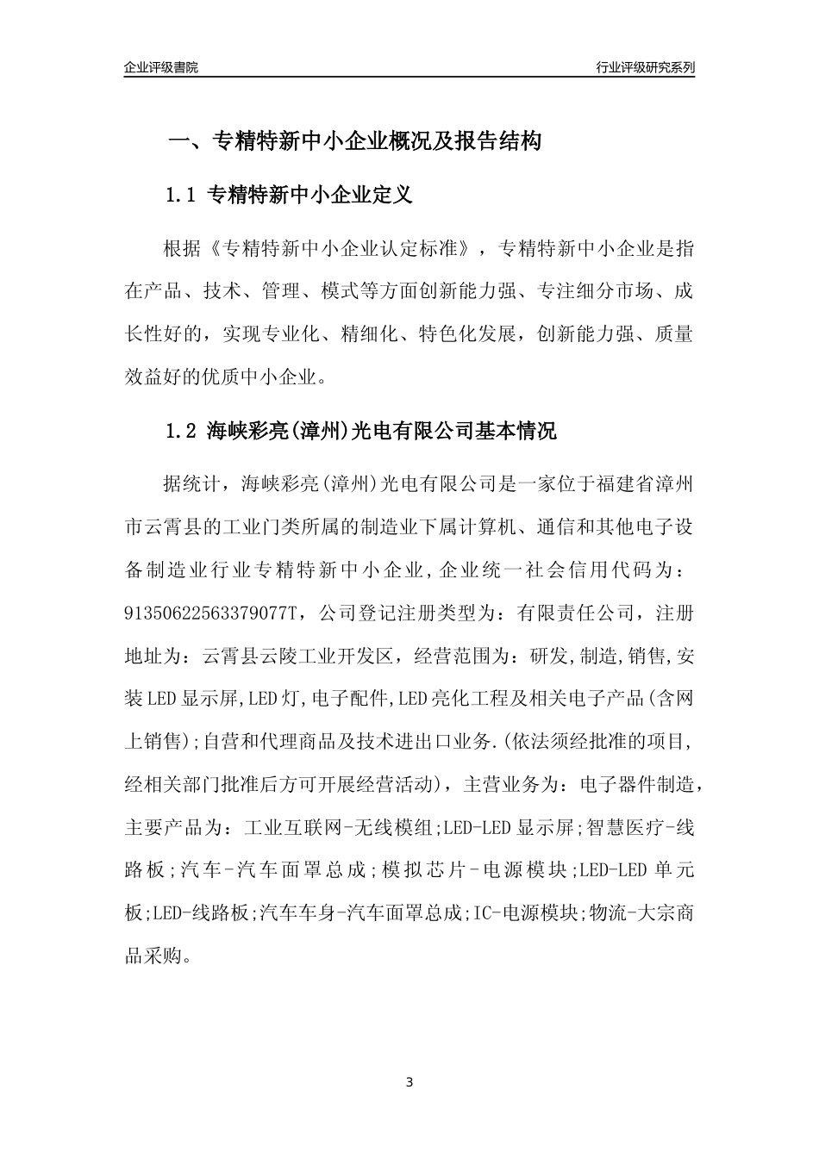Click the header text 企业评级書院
tap(161, 67)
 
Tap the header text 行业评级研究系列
tap(645, 67)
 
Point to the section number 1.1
tap(182, 196)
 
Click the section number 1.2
tap(182, 431)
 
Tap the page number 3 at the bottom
tap(409, 1082)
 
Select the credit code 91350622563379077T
tap(211, 613)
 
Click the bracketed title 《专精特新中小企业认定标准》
tap(344, 249)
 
